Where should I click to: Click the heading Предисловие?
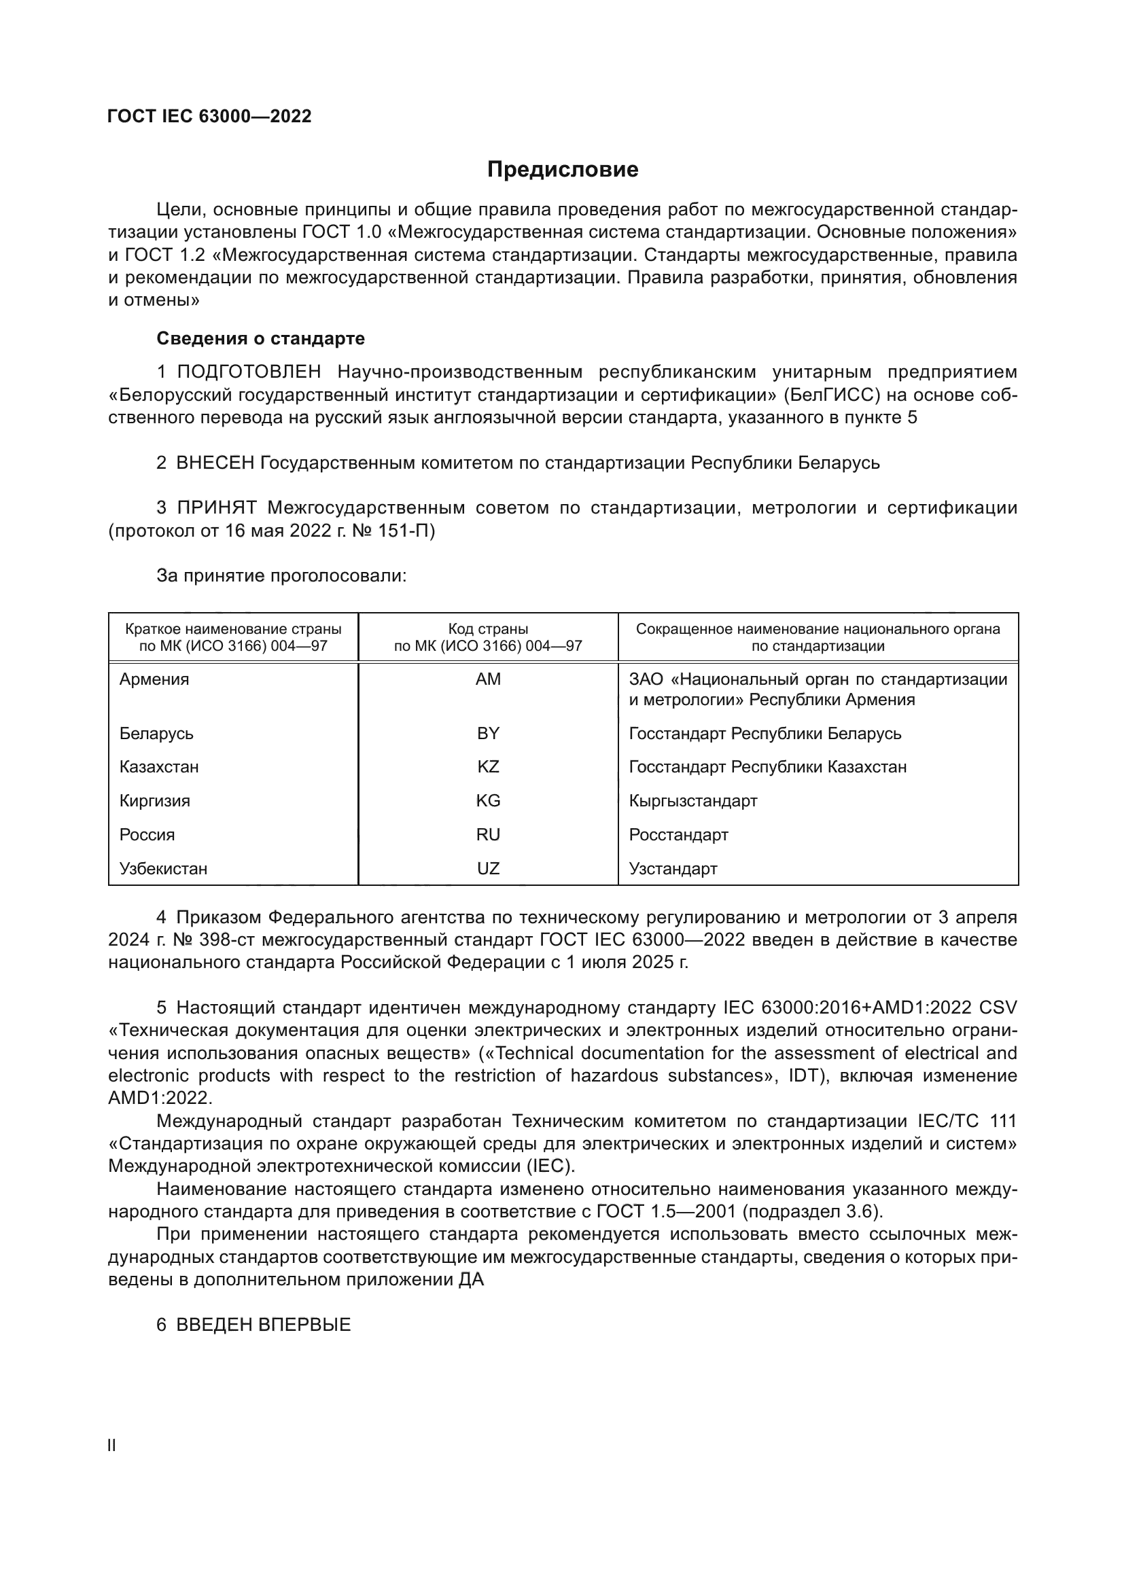click(562, 170)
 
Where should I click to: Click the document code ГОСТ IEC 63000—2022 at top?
click(210, 116)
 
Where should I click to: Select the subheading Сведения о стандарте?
click(260, 338)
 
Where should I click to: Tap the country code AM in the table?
click(488, 679)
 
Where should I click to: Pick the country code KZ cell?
click(488, 767)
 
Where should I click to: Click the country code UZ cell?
click(488, 869)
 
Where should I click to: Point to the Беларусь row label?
click(156, 733)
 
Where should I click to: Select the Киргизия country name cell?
click(154, 801)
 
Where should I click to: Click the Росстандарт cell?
click(678, 835)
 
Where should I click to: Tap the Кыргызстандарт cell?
click(692, 801)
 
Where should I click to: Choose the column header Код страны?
click(488, 629)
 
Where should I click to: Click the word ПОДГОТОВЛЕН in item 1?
click(249, 372)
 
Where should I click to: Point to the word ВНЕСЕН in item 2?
click(215, 463)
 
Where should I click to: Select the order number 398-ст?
click(228, 940)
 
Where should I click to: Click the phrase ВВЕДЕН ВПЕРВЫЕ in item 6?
click(264, 1325)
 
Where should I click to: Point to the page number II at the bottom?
click(111, 1446)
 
